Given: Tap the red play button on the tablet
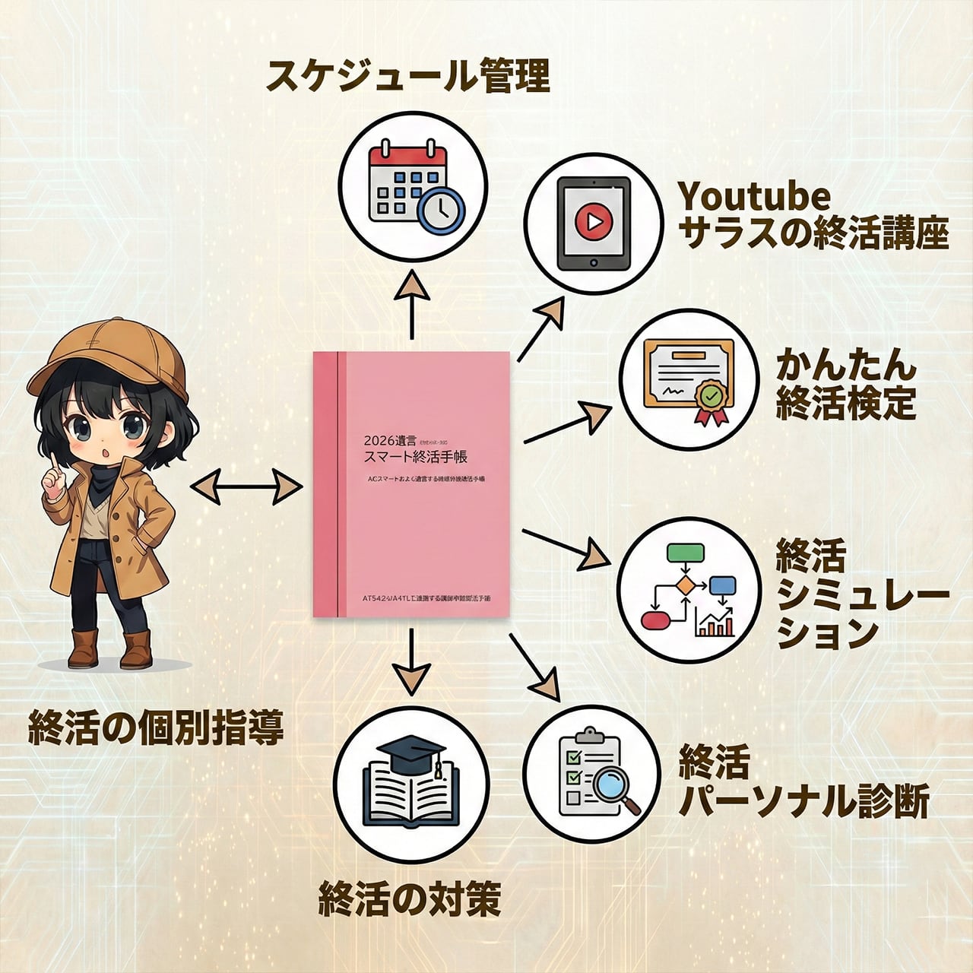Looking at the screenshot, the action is click(x=594, y=222).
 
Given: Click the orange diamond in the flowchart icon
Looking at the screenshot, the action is click(x=686, y=585).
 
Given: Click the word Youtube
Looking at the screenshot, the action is click(x=754, y=197).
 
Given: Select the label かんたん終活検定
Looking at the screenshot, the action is click(x=845, y=384).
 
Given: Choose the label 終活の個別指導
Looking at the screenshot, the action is click(x=156, y=727).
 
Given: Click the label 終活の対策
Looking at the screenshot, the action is click(x=410, y=899).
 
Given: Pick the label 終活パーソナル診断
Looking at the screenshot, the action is click(x=803, y=782).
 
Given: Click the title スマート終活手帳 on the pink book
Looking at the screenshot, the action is click(x=417, y=457).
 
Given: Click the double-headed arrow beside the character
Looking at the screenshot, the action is click(x=246, y=486).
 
